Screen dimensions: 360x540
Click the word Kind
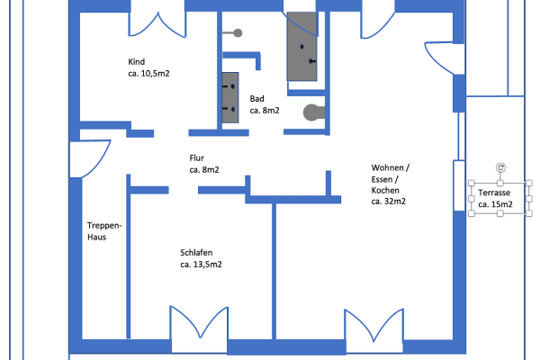point(137,61)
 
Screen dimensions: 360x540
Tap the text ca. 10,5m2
point(149,73)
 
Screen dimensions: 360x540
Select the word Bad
point(257,99)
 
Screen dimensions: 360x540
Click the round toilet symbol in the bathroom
point(311,113)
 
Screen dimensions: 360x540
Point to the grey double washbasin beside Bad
point(229,97)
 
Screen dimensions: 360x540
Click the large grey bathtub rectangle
point(302,47)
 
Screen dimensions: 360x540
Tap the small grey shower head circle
point(238,33)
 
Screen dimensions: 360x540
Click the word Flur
point(197,157)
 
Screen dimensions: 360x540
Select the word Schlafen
point(196,253)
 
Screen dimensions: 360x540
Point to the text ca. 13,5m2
point(201,265)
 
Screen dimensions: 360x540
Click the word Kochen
point(385,191)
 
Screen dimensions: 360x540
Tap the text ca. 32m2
point(388,202)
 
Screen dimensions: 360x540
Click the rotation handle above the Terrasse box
point(500,167)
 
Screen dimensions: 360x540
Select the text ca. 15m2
point(496,205)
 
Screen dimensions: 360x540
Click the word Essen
point(383,179)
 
